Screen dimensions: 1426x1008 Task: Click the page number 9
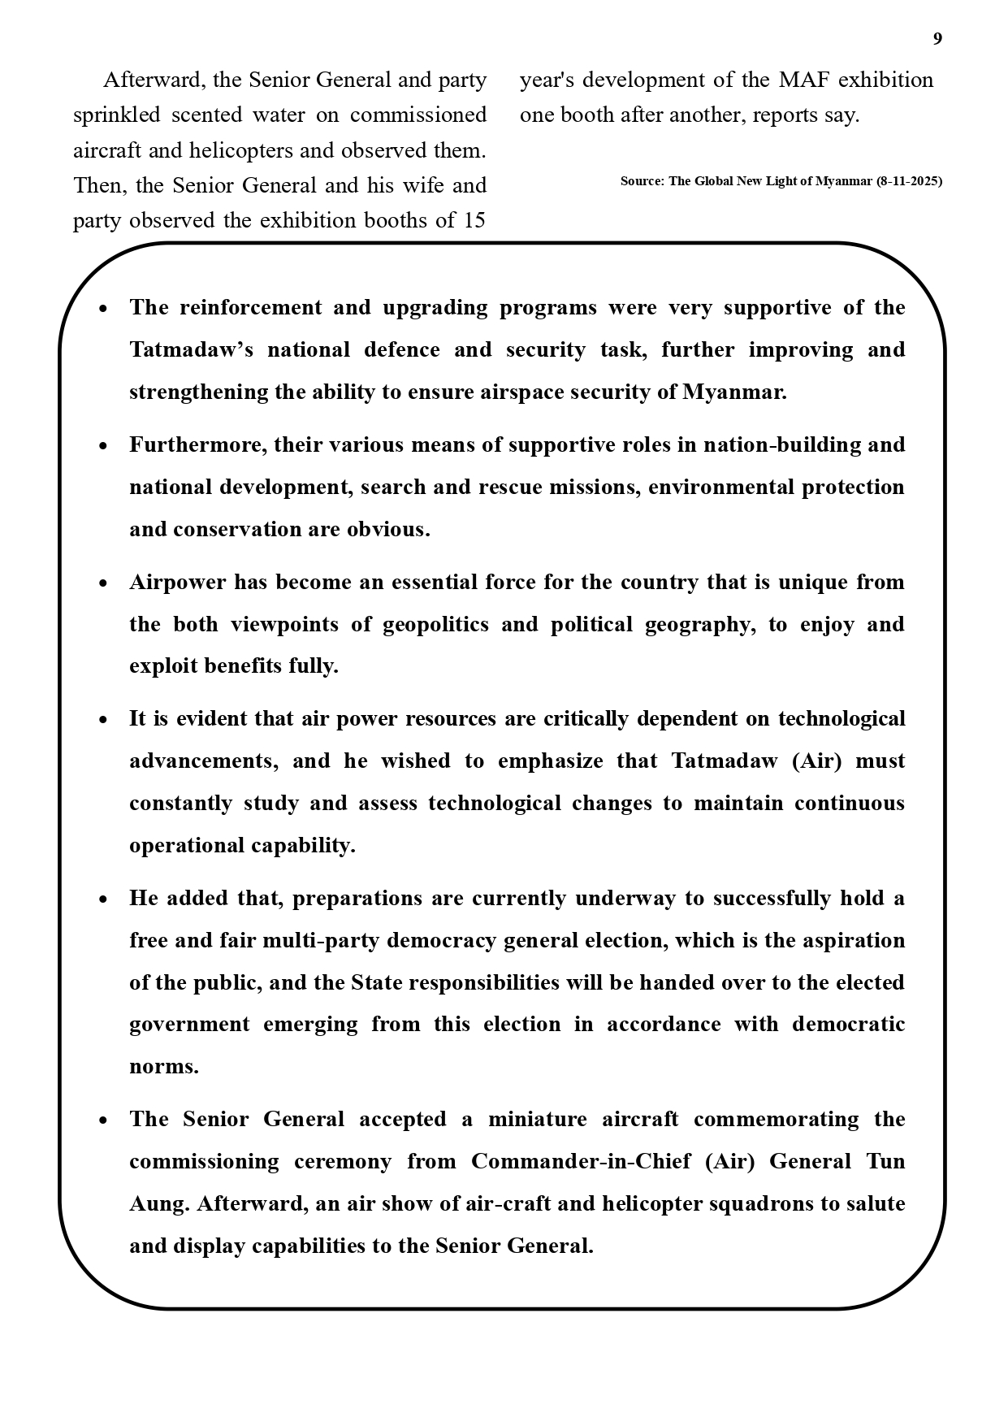937,39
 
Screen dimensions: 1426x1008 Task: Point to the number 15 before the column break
474,220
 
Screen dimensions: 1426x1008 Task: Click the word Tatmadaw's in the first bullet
192,349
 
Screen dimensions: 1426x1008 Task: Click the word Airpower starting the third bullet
177,582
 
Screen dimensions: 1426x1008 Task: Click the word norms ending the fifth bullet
163,1066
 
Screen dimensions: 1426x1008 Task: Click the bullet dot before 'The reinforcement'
103,309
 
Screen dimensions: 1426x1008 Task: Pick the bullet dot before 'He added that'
103,899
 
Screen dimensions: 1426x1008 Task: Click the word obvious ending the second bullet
388,529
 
